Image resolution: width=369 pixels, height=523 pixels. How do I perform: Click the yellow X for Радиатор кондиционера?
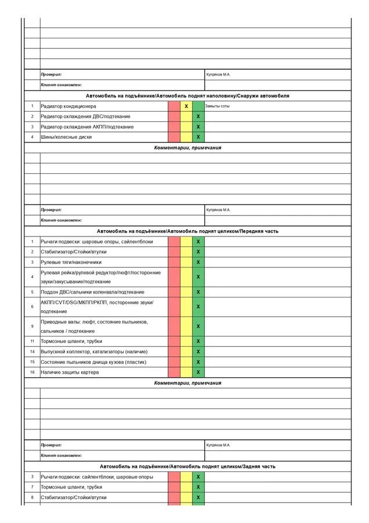pyautogui.click(x=186, y=106)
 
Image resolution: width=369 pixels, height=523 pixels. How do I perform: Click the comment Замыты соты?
pyautogui.click(x=218, y=106)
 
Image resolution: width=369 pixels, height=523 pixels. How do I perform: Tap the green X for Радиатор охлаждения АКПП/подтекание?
pyautogui.click(x=198, y=127)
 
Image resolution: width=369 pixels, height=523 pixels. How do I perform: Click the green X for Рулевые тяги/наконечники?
pyautogui.click(x=198, y=262)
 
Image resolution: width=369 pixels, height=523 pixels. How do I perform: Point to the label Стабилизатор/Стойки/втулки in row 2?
pyautogui.click(x=74, y=252)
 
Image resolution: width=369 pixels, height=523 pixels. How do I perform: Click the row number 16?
pyautogui.click(x=32, y=372)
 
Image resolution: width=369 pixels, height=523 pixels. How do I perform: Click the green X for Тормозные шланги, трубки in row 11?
pyautogui.click(x=198, y=341)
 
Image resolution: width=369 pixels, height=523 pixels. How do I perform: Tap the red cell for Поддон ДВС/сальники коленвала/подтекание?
pyautogui.click(x=174, y=292)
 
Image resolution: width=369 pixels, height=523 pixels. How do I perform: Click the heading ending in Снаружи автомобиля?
pyautogui.click(x=187, y=95)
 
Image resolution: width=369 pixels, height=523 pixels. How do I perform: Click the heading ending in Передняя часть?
pyautogui.click(x=187, y=231)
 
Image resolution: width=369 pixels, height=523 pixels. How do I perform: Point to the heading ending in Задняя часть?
pyautogui.click(x=187, y=466)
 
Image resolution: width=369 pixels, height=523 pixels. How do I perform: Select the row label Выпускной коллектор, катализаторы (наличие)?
pyautogui.click(x=94, y=352)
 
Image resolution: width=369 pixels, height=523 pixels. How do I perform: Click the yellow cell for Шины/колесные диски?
pyautogui.click(x=186, y=137)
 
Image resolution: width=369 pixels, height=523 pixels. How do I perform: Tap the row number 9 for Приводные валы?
pyautogui.click(x=32, y=326)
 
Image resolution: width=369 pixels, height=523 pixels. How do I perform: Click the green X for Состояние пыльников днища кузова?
pyautogui.click(x=198, y=362)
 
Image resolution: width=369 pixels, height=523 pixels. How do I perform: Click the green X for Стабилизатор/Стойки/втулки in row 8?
pyautogui.click(x=198, y=497)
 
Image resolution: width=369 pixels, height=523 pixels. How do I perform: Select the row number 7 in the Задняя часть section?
pyautogui.click(x=32, y=487)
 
